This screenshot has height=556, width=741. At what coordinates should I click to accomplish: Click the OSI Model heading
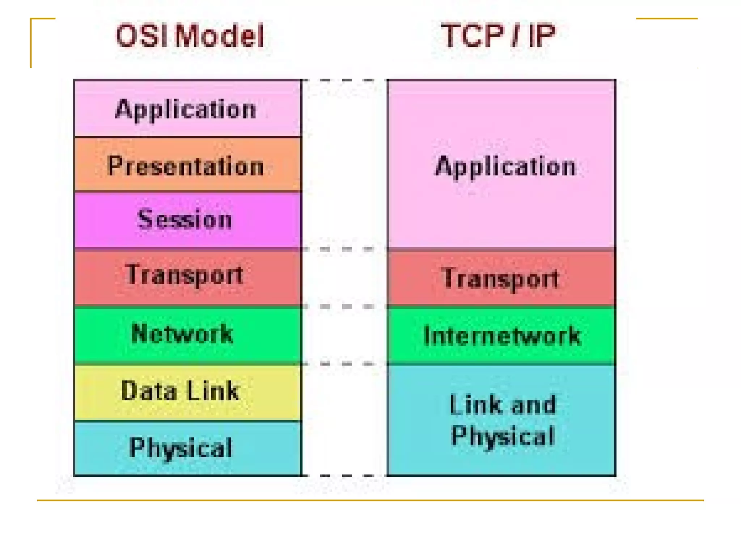click(x=190, y=35)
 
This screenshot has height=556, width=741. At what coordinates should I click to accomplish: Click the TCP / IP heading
click(x=498, y=35)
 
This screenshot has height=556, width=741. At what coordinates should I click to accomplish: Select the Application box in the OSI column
click(x=187, y=108)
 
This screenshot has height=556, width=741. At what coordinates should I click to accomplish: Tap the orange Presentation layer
click(x=187, y=165)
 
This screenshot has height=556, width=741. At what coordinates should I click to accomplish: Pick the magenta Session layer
click(x=187, y=220)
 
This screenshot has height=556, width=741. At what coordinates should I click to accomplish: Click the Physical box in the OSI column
click(x=187, y=448)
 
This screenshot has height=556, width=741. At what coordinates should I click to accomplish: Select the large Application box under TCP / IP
click(x=501, y=165)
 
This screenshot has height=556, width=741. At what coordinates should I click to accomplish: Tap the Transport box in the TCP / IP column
click(x=501, y=278)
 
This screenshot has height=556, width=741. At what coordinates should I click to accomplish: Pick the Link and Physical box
click(x=501, y=420)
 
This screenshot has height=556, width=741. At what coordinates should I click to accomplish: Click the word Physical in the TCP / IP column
click(x=503, y=435)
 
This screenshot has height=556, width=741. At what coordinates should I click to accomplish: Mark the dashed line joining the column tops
click(x=344, y=80)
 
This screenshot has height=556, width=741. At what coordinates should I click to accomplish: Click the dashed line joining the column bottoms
click(x=344, y=475)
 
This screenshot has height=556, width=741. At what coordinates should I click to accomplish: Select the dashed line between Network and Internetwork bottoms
click(x=344, y=363)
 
